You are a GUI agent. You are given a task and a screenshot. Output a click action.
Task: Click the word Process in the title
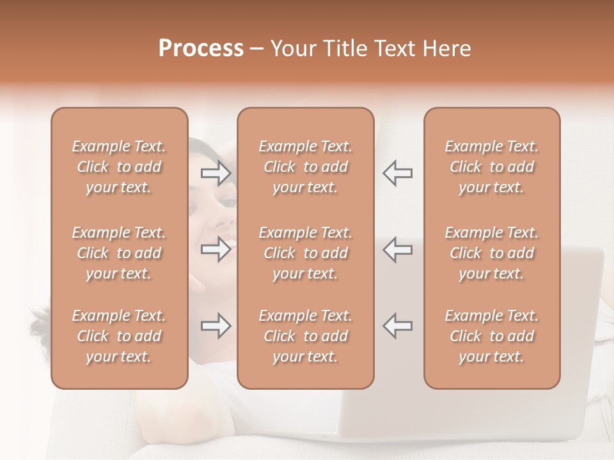201,49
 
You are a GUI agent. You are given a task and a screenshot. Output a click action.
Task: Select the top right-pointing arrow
216,174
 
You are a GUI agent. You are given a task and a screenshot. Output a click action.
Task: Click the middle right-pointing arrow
216,250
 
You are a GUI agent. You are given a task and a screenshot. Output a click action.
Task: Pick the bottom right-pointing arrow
216,326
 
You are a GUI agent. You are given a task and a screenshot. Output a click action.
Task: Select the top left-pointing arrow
397,174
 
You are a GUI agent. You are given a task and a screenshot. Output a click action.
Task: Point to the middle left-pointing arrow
397,250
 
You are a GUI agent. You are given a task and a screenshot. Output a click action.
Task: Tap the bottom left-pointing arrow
397,326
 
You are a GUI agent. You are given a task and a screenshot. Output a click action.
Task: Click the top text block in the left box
119,167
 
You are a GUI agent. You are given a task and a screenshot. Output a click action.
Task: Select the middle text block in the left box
119,253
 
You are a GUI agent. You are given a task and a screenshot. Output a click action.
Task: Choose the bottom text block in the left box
119,336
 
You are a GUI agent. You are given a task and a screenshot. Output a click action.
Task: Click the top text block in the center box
305,167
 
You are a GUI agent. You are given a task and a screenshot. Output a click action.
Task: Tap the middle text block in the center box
305,253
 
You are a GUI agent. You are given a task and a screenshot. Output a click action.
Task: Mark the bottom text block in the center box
305,336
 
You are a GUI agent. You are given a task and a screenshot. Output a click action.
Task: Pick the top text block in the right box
492,167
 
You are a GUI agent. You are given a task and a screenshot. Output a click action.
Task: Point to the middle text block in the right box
492,253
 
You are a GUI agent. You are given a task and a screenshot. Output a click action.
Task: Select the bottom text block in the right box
492,336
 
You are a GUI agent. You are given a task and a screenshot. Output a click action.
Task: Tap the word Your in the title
292,49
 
